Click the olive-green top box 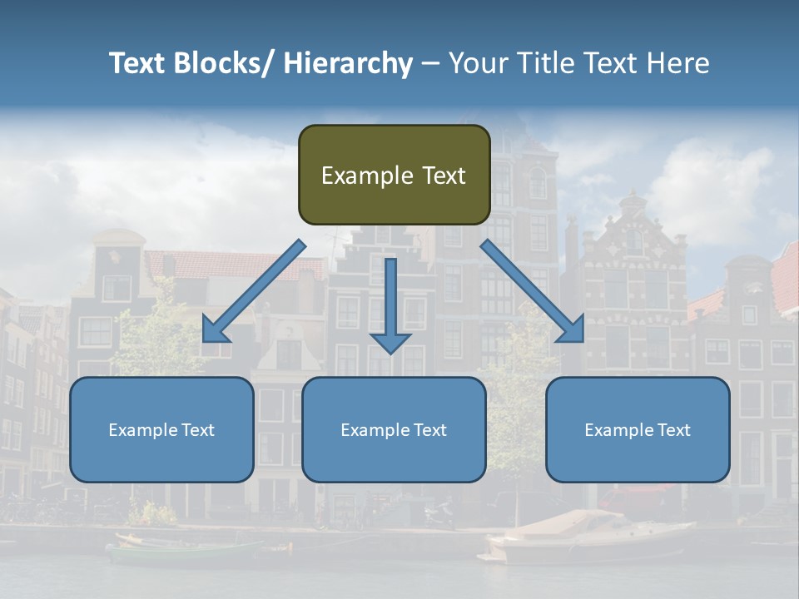(394, 175)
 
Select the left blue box (161, 429)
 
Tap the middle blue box (394, 429)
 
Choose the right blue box (638, 429)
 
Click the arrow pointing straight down (390, 304)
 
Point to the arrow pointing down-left (254, 291)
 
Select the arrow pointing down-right (533, 291)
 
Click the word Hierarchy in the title (348, 63)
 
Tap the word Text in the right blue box (673, 430)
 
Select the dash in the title (430, 63)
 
